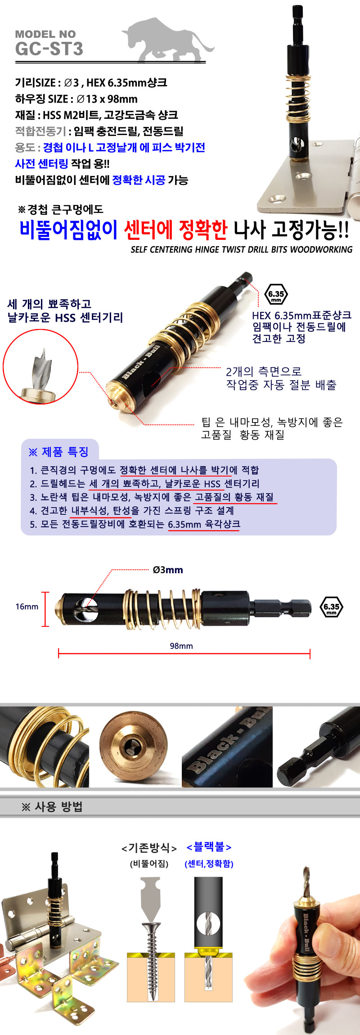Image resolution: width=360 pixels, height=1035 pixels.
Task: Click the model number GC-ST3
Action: [49, 49]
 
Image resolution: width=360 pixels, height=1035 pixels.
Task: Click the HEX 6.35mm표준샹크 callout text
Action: [301, 315]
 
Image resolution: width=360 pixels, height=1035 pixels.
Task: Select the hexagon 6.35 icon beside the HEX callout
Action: [276, 294]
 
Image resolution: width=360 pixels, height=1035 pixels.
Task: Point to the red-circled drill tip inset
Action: [40, 367]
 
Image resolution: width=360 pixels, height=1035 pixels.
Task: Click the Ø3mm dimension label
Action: [168, 570]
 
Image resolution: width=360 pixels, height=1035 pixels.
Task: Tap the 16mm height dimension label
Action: [27, 607]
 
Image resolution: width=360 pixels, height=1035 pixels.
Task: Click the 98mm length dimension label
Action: [181, 646]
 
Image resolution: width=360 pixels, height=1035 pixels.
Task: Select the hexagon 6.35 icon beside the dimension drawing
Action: [332, 607]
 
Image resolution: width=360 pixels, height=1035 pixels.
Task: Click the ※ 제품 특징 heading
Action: [58, 452]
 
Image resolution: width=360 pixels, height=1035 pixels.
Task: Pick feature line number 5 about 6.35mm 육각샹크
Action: [135, 524]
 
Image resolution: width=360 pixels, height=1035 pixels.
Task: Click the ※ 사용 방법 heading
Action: [52, 807]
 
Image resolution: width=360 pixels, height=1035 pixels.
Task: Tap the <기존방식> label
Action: [149, 848]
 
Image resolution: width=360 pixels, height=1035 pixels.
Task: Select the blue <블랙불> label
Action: [209, 847]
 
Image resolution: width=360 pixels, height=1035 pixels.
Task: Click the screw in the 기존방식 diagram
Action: [153, 960]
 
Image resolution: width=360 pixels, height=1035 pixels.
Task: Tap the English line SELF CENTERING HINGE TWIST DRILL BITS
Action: [242, 249]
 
